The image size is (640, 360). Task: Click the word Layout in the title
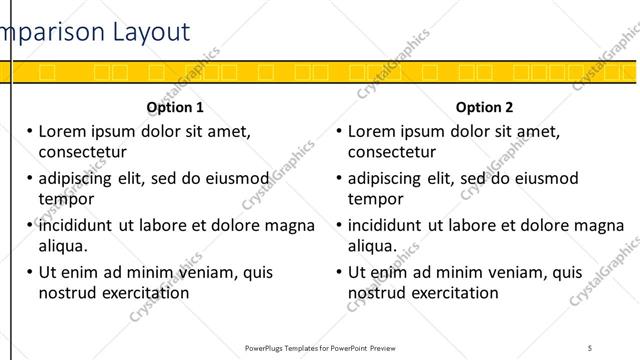click(x=149, y=32)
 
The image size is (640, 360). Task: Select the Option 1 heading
click(x=175, y=106)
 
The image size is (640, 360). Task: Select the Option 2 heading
click(x=484, y=106)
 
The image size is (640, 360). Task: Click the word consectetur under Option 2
click(x=392, y=152)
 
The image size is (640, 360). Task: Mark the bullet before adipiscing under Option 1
click(x=30, y=178)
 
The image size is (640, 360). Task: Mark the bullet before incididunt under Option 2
click(x=340, y=225)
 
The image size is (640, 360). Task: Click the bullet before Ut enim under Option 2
click(x=340, y=272)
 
